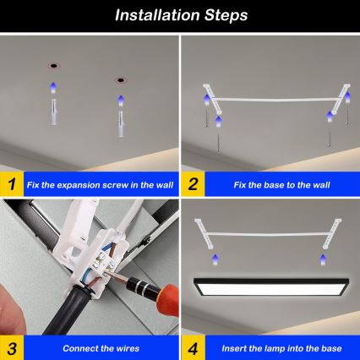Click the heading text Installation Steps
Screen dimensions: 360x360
click(180, 15)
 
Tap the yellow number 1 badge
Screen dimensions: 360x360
click(11, 183)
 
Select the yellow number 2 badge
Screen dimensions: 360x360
click(192, 183)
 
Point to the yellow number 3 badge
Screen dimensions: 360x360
click(11, 348)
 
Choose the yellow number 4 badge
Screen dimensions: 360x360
click(192, 348)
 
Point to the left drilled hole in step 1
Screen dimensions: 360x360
click(53, 66)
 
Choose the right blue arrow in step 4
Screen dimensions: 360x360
click(326, 259)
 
